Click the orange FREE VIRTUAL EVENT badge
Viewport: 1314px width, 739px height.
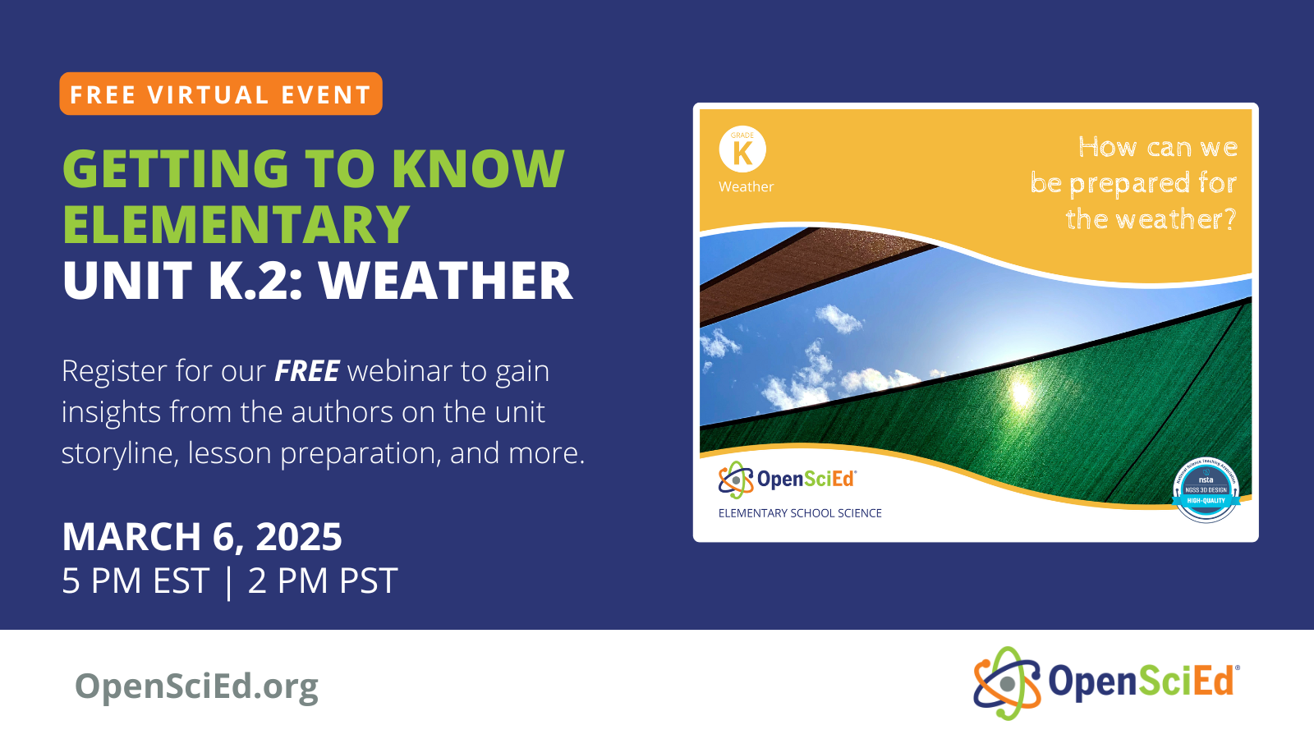point(220,94)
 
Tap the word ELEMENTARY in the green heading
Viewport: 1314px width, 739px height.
point(236,225)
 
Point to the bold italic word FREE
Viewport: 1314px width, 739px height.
point(306,371)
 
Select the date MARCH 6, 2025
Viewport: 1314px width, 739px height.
point(202,537)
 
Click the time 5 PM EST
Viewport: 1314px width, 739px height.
point(136,581)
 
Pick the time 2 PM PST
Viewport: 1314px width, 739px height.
point(323,581)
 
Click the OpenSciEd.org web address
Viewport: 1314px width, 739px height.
point(196,686)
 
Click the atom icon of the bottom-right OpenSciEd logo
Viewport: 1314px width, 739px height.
point(1007,683)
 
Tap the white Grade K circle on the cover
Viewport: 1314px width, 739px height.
point(742,149)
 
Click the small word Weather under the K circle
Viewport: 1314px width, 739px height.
point(746,187)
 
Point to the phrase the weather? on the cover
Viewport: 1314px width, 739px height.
point(1150,219)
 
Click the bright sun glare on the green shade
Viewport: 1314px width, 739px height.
point(1021,392)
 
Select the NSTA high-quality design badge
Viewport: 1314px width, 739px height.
point(1206,490)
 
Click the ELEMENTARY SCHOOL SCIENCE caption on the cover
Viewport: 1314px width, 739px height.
point(800,513)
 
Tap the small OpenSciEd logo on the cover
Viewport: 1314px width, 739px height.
point(787,480)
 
